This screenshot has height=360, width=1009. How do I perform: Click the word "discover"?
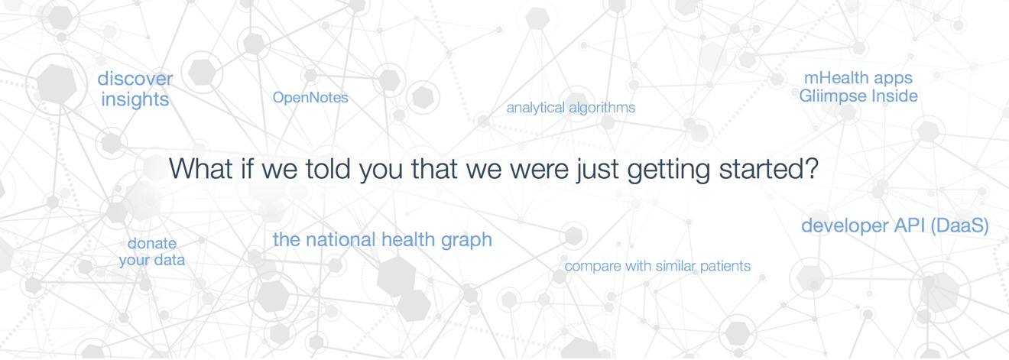[135, 79]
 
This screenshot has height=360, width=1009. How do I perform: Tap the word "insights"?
[135, 99]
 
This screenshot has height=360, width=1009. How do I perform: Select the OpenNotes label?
[310, 98]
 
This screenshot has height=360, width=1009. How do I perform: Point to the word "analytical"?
[536, 108]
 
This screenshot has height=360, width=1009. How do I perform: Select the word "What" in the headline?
[201, 169]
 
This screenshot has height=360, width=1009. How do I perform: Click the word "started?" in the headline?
[768, 169]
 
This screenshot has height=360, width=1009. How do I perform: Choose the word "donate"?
[152, 243]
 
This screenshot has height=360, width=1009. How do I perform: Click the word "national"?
[341, 240]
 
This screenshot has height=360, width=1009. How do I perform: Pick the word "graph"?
[466, 241]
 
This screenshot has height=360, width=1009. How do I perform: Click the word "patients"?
[725, 267]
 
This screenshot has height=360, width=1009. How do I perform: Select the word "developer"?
[845, 226]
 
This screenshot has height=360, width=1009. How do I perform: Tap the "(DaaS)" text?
[959, 225]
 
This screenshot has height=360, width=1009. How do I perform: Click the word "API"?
[910, 225]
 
